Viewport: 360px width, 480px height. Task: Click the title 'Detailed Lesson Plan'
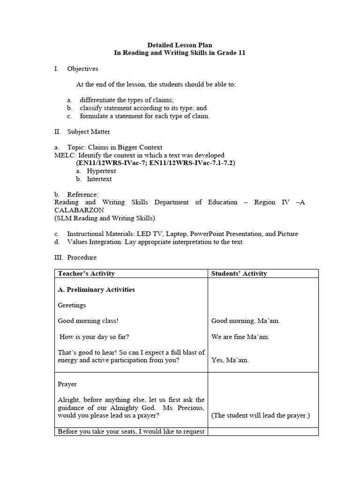point(180,45)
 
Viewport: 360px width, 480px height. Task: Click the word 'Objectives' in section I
point(82,69)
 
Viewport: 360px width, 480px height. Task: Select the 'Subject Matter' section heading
point(89,132)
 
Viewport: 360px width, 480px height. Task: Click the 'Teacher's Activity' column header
point(86,274)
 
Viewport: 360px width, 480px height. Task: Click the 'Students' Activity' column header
point(239,274)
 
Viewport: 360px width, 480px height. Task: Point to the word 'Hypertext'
point(101,171)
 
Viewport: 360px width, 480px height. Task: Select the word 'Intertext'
point(99,179)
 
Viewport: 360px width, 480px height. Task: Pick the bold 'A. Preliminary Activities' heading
point(96,290)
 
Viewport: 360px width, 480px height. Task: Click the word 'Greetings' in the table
point(72,305)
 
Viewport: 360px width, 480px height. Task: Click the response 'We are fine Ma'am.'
point(240,337)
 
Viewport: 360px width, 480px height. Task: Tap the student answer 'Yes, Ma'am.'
point(230,360)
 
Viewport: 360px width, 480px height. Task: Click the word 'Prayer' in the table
point(67,384)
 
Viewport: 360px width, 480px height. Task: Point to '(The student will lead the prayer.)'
point(261,416)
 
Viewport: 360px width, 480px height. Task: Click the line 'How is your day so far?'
point(94,337)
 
